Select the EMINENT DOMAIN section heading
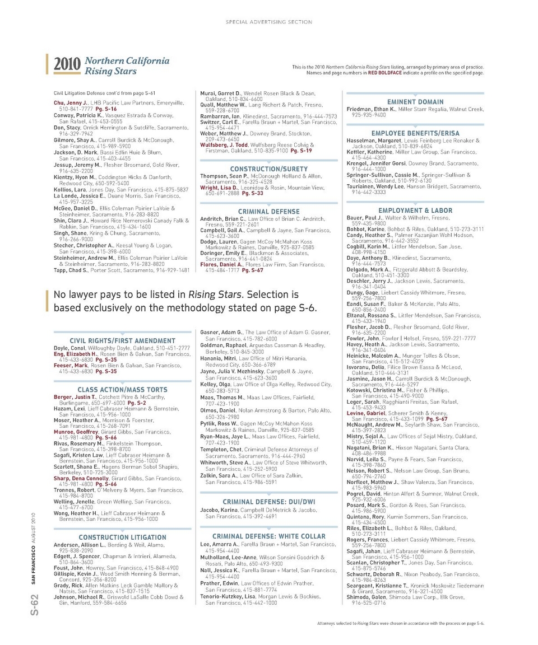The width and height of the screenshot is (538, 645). pyautogui.click(x=415, y=102)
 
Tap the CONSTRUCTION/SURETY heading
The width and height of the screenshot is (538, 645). pyautogui.click(x=269, y=169)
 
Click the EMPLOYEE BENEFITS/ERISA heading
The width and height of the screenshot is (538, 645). pyautogui.click(x=415, y=133)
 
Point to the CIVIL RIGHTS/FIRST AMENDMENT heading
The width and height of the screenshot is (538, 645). pyautogui.click(x=122, y=340)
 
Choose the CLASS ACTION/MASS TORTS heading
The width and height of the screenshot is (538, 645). pyautogui.click(x=122, y=389)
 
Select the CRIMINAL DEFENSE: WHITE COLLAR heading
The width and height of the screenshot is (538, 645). pyautogui.click(x=269, y=536)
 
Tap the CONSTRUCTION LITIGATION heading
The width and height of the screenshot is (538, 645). pyautogui.click(x=122, y=537)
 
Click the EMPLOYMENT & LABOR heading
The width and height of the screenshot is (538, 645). pyautogui.click(x=415, y=211)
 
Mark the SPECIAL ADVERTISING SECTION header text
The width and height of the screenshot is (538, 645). pyautogui.click(x=269, y=22)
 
